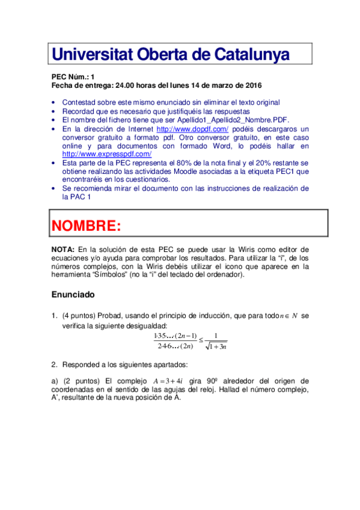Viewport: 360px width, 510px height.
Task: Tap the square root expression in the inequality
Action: (x=215, y=346)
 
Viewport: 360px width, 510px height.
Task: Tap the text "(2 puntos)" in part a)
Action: (x=82, y=381)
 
